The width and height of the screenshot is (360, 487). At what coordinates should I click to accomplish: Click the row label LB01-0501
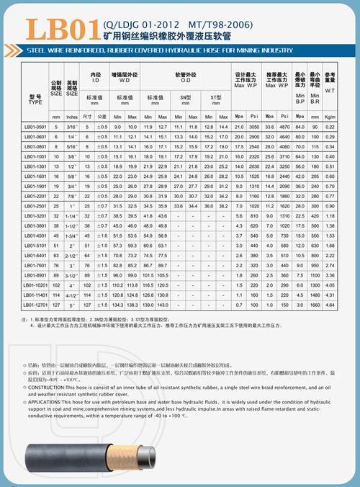click(35, 127)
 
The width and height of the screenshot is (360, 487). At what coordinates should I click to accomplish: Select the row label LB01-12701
click(35, 305)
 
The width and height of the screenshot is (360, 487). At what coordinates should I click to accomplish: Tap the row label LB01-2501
click(35, 205)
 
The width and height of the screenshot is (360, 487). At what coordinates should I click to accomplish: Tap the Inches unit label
click(71, 116)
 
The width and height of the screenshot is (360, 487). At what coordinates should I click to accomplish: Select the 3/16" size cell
click(71, 127)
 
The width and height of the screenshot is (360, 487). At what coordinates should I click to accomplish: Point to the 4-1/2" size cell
click(71, 295)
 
